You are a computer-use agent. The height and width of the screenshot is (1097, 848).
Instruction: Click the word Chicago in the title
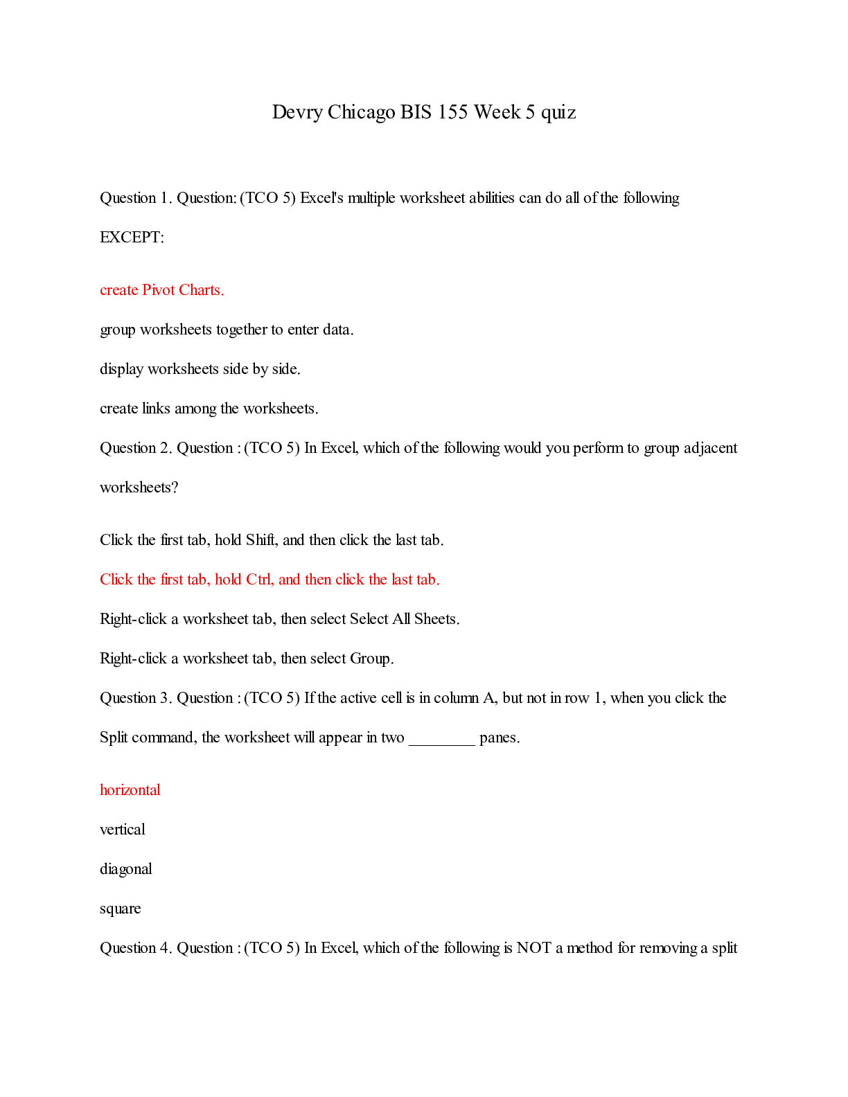click(361, 112)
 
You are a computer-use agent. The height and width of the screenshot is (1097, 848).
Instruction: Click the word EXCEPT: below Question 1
click(132, 238)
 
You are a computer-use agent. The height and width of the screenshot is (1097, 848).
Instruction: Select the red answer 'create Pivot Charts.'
click(162, 290)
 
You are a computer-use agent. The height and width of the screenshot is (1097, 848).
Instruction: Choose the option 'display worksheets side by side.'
click(200, 369)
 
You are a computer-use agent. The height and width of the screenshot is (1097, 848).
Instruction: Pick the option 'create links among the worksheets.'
click(209, 409)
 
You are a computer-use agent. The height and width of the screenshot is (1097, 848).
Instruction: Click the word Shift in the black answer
click(261, 540)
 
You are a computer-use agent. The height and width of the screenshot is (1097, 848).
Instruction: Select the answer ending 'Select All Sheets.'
click(280, 619)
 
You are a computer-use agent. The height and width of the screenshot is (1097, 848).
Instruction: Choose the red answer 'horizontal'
click(130, 790)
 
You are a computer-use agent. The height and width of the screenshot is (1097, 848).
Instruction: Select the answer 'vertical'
click(123, 830)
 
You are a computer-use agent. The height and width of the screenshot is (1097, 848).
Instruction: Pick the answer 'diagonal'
click(126, 869)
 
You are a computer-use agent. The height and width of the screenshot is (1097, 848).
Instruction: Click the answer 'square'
click(121, 909)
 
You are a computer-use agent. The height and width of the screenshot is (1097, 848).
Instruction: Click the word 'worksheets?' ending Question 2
click(139, 488)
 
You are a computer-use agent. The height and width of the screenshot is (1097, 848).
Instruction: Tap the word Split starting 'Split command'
click(114, 738)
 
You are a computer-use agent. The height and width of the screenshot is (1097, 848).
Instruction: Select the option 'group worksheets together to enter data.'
click(227, 330)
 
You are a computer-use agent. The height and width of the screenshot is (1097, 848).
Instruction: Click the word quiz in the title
click(558, 112)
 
